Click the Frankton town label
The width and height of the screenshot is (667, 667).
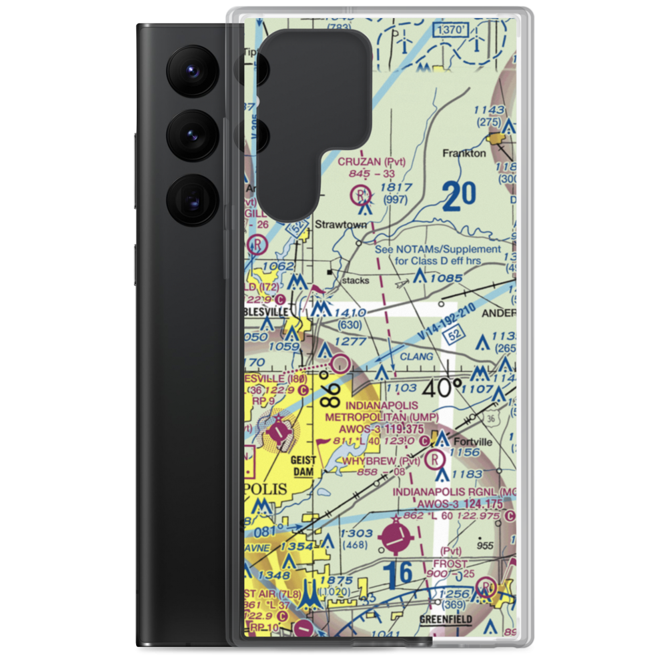click(464, 153)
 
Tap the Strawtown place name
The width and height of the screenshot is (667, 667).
click(341, 225)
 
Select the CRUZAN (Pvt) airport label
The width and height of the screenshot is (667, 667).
click(372, 161)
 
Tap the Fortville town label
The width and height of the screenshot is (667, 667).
click(474, 442)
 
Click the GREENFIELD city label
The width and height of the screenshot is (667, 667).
click(446, 620)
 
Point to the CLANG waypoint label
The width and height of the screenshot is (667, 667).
click(417, 357)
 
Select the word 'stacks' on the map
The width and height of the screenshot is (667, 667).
click(355, 281)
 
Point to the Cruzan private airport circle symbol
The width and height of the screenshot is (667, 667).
click(360, 195)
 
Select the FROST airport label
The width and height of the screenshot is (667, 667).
click(450, 564)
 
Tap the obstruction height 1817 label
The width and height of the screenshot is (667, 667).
click(396, 188)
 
